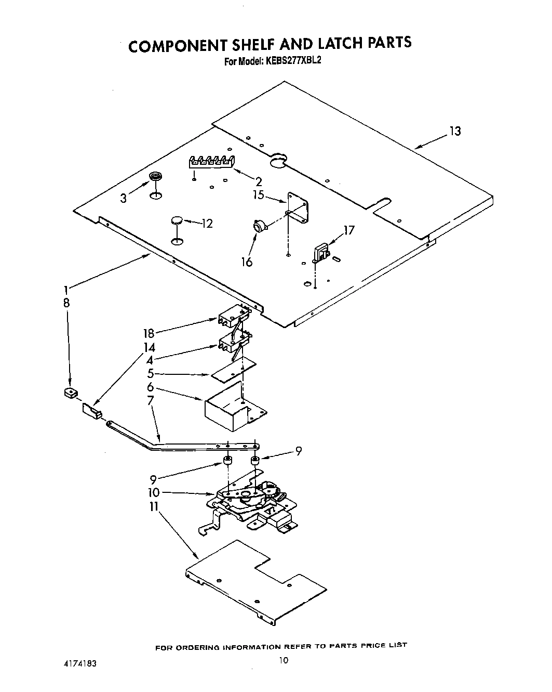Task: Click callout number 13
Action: (455, 131)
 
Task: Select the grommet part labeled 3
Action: (154, 178)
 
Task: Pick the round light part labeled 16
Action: (259, 226)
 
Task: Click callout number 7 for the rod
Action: (151, 401)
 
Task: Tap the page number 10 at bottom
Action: (283, 661)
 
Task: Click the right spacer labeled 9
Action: (255, 461)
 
